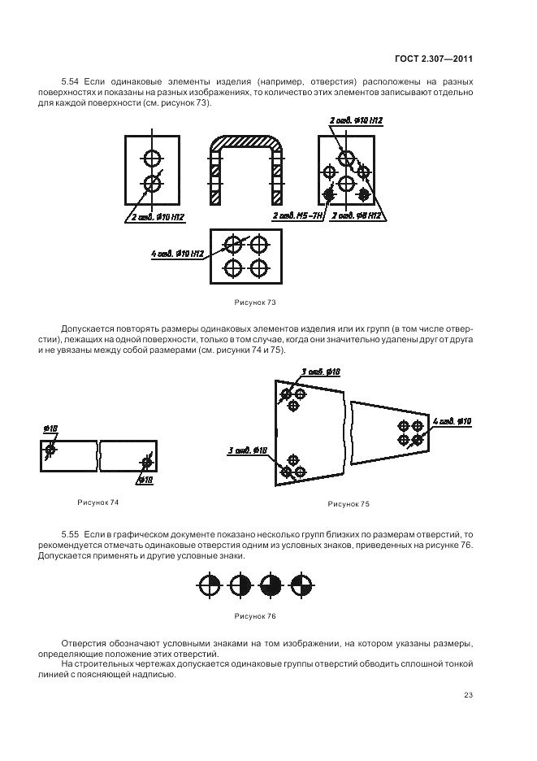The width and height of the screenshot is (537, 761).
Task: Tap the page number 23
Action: click(468, 694)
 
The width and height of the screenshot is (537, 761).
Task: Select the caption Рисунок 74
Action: click(97, 502)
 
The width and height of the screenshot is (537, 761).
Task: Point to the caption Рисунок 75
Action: click(349, 504)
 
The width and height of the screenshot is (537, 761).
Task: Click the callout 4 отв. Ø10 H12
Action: click(178, 254)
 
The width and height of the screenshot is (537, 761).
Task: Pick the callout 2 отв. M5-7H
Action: click(297, 216)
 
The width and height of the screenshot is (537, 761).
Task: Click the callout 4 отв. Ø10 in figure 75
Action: click(453, 421)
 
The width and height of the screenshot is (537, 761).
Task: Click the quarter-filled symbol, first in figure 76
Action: click(208, 585)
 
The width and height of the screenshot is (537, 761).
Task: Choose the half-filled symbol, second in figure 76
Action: click(239, 585)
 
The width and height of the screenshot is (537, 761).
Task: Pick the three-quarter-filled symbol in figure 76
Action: click(271, 585)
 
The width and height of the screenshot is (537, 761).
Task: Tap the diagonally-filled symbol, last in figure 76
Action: click(301, 585)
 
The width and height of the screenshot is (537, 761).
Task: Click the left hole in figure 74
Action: click(51, 450)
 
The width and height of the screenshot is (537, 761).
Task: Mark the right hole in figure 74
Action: click(147, 463)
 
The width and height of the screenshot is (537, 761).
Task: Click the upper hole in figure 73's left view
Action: click(152, 157)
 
